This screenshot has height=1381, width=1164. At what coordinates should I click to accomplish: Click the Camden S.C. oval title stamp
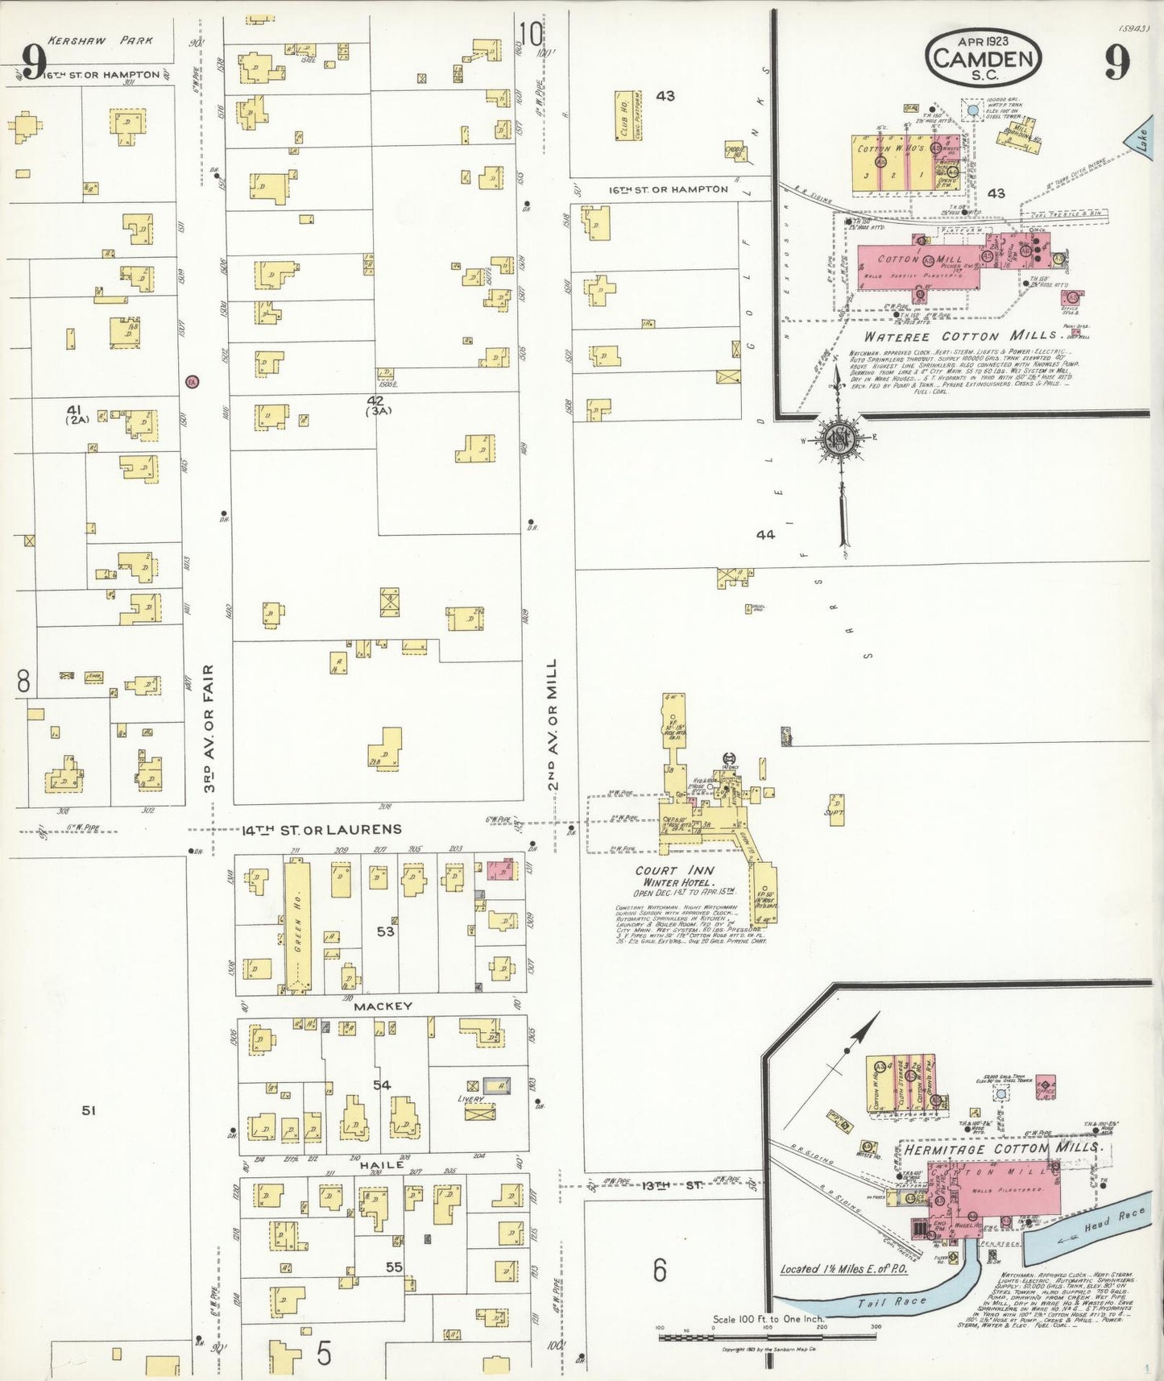(984, 58)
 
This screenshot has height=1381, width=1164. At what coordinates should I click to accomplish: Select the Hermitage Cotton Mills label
(1002, 1147)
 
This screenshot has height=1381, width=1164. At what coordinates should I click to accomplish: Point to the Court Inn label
(674, 870)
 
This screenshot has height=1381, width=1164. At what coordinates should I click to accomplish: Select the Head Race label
(1115, 1221)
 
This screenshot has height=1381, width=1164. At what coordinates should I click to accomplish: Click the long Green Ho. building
(297, 925)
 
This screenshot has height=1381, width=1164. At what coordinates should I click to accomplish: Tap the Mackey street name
(383, 1006)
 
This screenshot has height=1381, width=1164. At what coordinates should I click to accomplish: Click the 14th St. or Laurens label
(322, 829)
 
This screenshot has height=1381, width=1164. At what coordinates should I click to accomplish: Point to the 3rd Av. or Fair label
(209, 728)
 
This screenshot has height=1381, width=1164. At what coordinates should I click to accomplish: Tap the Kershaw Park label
(100, 39)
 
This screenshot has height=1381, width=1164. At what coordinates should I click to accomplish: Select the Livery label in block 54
(471, 1098)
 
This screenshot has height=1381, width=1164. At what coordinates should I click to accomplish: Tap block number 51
(89, 1110)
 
